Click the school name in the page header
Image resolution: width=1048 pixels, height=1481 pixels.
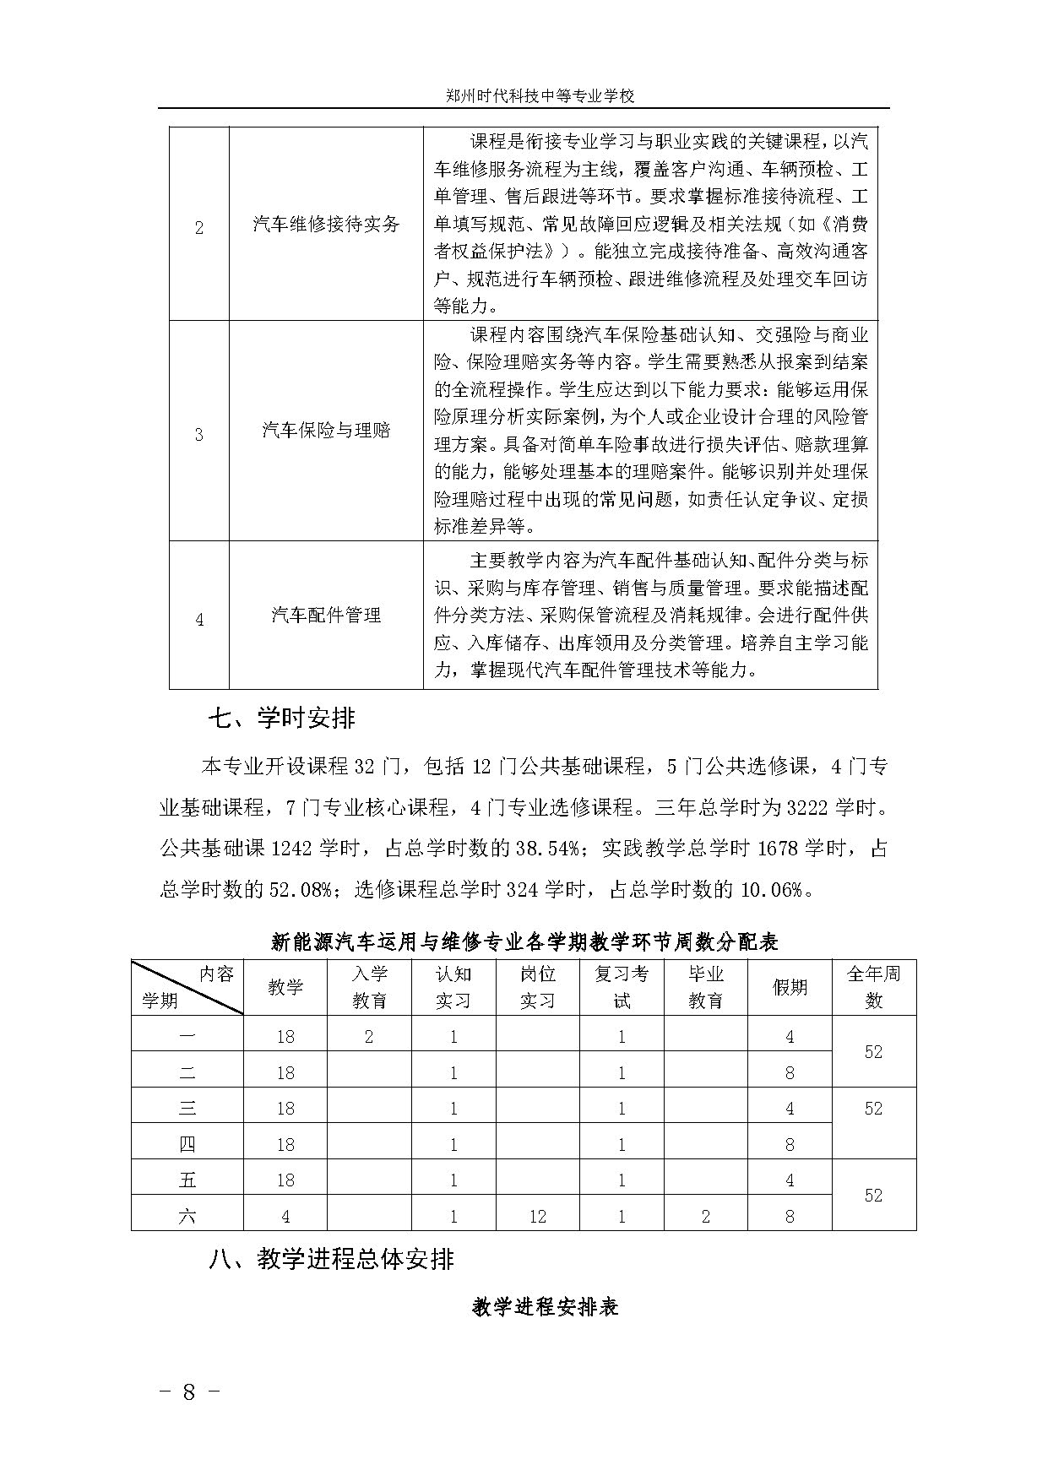(x=540, y=95)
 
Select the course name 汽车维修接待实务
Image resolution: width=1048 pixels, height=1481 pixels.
(x=326, y=225)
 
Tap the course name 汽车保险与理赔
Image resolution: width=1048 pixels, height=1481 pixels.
(x=326, y=430)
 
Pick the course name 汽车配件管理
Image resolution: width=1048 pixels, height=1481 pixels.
(x=326, y=615)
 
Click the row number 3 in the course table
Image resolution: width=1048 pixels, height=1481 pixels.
(x=199, y=435)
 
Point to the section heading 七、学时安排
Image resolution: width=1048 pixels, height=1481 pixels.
(x=282, y=719)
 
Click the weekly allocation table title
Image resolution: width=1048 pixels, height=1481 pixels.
(x=524, y=941)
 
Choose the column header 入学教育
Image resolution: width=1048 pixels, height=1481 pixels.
(x=369, y=987)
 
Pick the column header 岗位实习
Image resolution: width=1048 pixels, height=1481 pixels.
(x=537, y=987)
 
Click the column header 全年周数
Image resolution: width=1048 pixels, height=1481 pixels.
(x=873, y=987)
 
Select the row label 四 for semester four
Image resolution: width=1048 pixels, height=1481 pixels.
(x=187, y=1144)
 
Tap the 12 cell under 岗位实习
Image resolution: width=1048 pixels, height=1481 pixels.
(x=537, y=1217)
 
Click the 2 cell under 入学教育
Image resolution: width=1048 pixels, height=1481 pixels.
(x=369, y=1036)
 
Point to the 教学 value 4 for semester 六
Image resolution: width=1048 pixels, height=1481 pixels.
(x=285, y=1217)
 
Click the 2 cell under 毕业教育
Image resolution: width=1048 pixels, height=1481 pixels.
(x=705, y=1217)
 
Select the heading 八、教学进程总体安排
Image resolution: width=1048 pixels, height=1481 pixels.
(x=331, y=1260)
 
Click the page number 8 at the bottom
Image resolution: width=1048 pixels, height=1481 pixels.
(x=189, y=1392)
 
